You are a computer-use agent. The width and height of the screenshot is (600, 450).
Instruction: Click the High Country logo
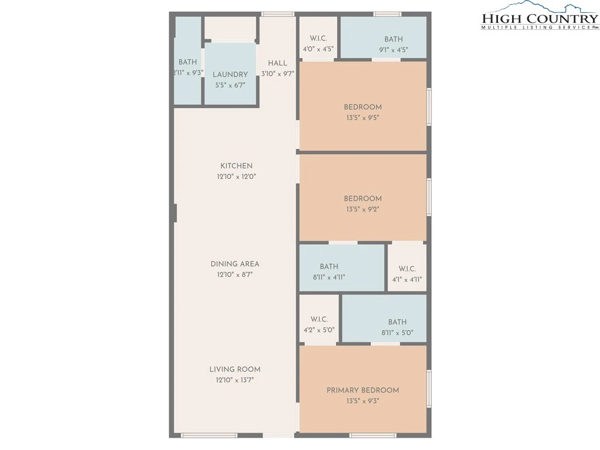coord(540,15)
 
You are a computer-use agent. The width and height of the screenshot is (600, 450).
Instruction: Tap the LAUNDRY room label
coord(230,74)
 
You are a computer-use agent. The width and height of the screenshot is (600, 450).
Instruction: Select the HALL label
coord(277,63)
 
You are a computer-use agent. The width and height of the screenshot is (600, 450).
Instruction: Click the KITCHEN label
coord(237,166)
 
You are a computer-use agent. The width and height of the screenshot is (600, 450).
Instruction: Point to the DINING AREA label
coord(235,264)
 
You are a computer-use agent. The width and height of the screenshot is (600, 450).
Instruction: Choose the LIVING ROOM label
coord(235,369)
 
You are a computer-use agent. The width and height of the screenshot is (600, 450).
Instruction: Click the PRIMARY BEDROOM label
coord(363,390)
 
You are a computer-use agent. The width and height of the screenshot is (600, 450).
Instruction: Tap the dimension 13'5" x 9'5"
coord(363,118)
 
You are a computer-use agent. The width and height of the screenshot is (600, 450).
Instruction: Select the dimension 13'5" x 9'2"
coord(363,209)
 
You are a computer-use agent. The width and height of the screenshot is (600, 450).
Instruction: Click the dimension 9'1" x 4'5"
coord(393,50)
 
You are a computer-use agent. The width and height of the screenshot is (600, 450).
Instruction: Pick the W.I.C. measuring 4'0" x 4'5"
coord(318,38)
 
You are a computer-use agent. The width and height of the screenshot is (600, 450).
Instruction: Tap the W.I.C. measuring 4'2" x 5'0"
coord(319,319)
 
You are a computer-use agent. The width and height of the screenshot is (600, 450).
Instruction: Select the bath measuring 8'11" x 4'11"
coord(342,268)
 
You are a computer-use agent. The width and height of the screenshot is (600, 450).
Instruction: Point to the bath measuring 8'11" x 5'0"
coord(384,318)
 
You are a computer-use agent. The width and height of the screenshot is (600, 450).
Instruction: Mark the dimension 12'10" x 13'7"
coord(235,380)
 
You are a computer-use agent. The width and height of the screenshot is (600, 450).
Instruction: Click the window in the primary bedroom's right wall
coord(429,388)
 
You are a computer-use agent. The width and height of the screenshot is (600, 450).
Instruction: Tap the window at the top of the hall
coord(278,14)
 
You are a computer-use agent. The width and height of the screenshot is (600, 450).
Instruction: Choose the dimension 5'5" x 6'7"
coord(230,86)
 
